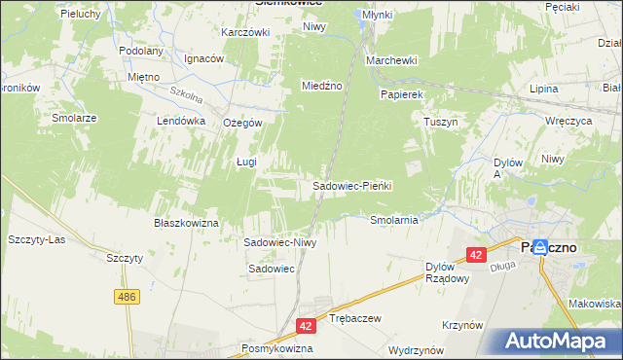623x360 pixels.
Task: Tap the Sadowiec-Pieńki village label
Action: tap(351, 185)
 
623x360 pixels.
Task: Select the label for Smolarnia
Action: tap(394, 220)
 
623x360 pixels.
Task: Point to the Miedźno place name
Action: tap(321, 86)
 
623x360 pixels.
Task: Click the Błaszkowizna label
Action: tap(186, 223)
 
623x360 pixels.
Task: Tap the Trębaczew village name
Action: tap(354, 318)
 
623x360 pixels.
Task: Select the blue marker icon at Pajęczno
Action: tap(539, 247)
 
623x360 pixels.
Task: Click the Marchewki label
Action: tap(391, 60)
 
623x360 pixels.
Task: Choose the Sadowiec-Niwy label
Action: tap(280, 242)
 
